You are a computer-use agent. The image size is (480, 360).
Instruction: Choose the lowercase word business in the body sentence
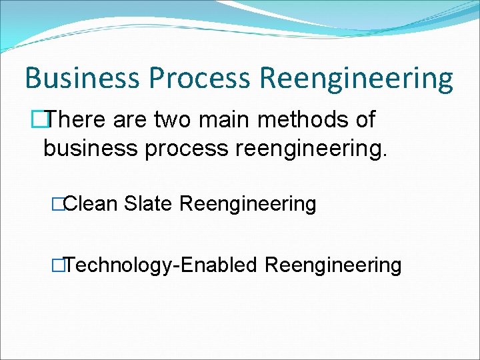(87, 149)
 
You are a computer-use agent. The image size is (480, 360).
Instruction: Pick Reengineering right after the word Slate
(248, 205)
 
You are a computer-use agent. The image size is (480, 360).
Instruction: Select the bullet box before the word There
(45, 121)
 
